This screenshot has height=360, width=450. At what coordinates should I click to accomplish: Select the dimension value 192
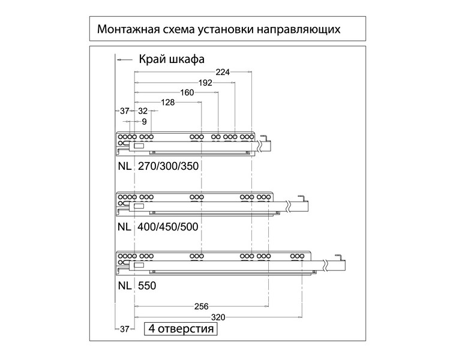click(206, 83)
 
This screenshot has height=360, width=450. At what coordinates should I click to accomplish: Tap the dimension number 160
click(187, 93)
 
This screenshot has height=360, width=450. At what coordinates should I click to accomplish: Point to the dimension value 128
click(168, 103)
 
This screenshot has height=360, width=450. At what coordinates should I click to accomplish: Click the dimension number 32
click(143, 112)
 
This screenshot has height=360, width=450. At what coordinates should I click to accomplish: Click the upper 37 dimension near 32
click(125, 112)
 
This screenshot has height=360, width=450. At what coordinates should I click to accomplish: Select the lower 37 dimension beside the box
click(125, 329)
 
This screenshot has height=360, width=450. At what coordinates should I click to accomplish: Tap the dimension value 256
click(202, 306)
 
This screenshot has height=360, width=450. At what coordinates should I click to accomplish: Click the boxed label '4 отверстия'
click(180, 329)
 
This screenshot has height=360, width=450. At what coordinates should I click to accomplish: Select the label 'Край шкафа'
click(172, 59)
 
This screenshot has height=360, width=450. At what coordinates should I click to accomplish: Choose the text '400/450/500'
click(169, 227)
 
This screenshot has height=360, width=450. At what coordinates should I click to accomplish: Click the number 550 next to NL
click(147, 286)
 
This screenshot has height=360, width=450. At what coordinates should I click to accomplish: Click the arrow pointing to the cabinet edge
click(123, 59)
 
